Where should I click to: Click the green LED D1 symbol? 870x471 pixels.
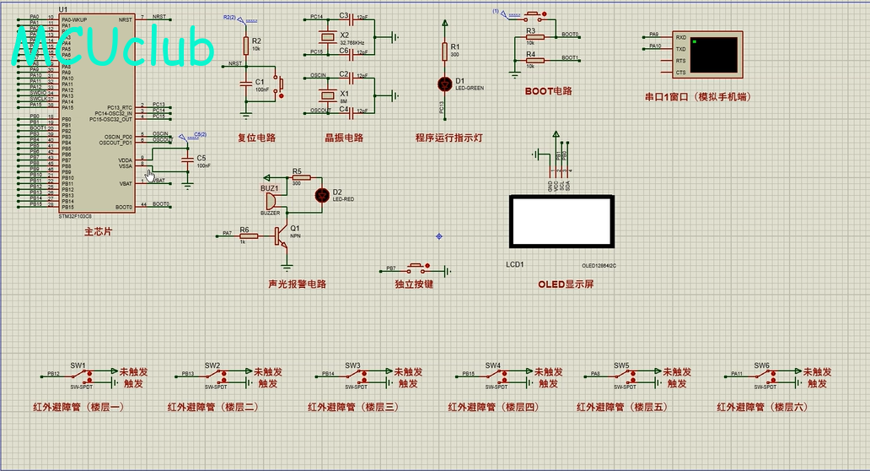[x=445, y=83]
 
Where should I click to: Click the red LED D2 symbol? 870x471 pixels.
[x=321, y=195]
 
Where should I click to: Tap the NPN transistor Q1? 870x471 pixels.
[x=281, y=236]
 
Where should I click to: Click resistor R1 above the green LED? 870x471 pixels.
[x=445, y=52]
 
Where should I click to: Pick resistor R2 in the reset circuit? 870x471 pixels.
[x=245, y=46]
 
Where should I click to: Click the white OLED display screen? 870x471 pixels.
[x=560, y=220]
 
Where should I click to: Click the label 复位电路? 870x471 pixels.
[x=256, y=138]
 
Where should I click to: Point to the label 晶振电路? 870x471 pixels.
[x=344, y=138]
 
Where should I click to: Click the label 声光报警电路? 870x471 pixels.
[x=297, y=284]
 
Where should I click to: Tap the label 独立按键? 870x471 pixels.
[x=414, y=284]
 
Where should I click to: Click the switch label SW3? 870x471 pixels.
[x=352, y=365]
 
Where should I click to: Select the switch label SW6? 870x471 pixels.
[x=762, y=365]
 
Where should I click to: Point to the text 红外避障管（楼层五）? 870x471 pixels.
[x=621, y=407]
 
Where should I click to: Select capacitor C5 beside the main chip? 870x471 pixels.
[x=187, y=160]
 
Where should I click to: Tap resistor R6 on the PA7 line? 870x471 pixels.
[x=249, y=236]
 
